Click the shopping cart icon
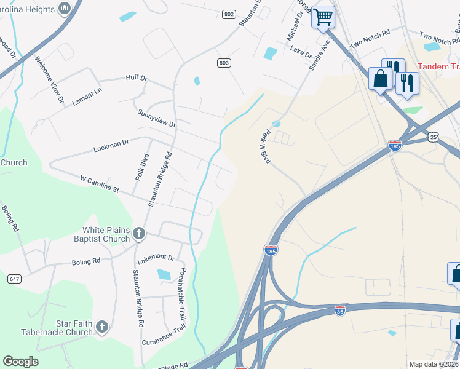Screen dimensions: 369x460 point(323,16)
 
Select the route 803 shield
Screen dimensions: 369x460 point(224,63)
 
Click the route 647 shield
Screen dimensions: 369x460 point(15,279)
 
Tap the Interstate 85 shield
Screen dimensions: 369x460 point(339,311)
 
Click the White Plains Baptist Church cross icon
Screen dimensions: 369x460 point(140,234)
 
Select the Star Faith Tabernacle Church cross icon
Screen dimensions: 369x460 point(103,327)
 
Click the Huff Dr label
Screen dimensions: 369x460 point(136,78)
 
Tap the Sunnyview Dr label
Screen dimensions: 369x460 point(157,119)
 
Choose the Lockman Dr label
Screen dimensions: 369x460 point(111,145)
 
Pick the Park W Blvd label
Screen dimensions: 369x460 point(267,147)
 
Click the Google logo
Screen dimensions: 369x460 point(20,362)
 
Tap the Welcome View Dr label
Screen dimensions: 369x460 point(49,79)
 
